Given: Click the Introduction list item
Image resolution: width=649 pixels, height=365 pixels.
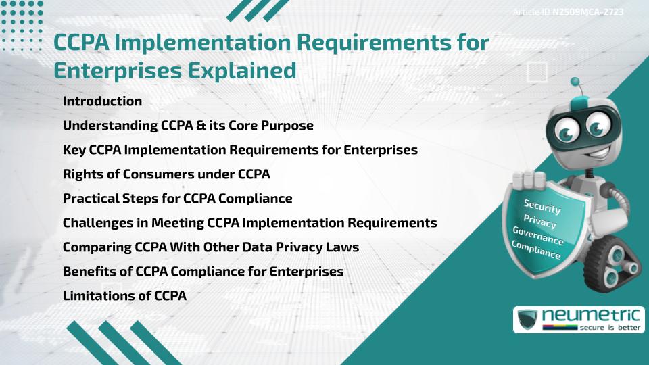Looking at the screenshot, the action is click(x=102, y=101).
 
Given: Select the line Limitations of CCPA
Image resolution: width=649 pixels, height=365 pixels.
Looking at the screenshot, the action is click(x=124, y=295).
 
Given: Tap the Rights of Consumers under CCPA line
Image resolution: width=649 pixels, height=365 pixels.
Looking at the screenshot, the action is click(x=166, y=174).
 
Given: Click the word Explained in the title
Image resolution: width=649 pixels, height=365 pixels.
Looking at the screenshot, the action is click(x=242, y=70).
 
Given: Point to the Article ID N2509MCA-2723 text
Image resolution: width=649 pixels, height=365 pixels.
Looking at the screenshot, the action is click(x=568, y=11).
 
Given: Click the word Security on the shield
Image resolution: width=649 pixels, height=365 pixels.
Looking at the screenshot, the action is click(x=542, y=206).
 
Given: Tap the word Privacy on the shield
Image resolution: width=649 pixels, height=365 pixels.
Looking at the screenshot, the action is click(x=539, y=222).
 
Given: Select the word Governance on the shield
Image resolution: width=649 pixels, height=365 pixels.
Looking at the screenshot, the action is click(x=537, y=235).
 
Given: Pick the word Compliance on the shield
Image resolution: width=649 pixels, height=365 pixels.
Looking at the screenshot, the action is click(x=535, y=250).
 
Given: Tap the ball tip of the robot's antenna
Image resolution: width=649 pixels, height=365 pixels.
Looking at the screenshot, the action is click(x=575, y=82).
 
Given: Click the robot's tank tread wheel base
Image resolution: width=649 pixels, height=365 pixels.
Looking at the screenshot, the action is click(x=612, y=263).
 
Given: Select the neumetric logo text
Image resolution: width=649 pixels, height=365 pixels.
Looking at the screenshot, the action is click(x=591, y=315).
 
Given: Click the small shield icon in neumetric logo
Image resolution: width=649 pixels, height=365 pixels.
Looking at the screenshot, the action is click(x=527, y=319).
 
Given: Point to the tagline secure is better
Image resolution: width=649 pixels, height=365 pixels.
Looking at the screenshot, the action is click(x=610, y=328).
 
